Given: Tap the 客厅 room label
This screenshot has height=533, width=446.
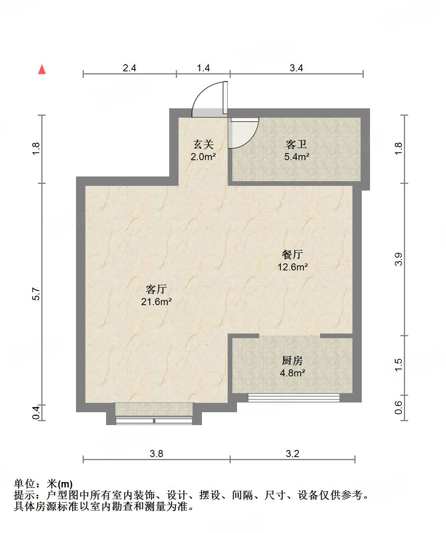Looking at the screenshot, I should click(156, 289).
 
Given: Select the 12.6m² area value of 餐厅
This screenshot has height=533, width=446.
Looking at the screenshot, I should click(292, 267).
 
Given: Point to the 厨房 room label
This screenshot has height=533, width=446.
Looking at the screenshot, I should click(292, 361).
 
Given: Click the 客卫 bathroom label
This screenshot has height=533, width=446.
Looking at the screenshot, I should click(296, 145).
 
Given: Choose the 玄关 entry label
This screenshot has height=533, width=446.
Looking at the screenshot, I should click(204, 145).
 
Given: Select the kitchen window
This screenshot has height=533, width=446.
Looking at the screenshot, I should click(294, 397).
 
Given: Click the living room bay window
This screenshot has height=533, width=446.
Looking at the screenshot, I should click(154, 420).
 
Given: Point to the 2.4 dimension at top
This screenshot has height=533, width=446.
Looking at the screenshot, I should click(129, 68).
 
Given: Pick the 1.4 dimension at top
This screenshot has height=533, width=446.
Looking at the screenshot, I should click(203, 68).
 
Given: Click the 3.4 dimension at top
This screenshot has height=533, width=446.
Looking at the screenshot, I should click(296, 68).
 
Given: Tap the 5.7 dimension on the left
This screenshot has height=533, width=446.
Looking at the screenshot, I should click(36, 294).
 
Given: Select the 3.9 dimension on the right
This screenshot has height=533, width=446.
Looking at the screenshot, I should click(398, 259).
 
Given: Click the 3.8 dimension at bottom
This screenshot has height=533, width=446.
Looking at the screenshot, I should click(156, 454).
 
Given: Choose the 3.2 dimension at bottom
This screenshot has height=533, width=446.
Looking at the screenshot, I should click(292, 454).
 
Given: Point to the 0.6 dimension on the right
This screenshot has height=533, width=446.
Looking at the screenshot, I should click(398, 408).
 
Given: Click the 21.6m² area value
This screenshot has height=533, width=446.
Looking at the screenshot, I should click(156, 302).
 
